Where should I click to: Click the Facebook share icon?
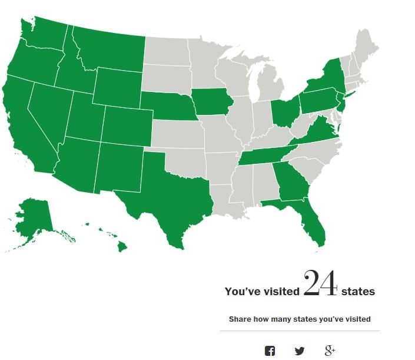270,351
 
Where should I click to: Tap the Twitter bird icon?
300,351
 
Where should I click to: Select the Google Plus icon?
330,351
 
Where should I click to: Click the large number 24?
320,284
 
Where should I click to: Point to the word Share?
240,319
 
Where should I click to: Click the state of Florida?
307,221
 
